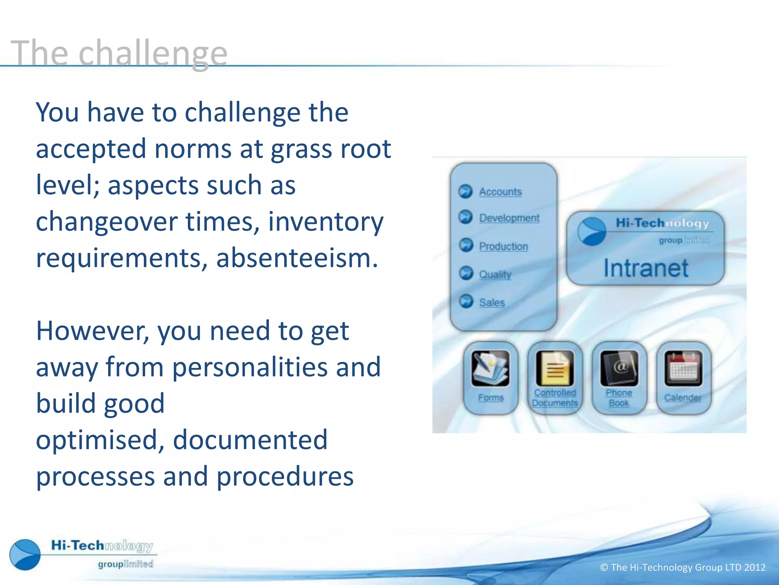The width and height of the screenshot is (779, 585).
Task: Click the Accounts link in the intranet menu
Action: (500, 192)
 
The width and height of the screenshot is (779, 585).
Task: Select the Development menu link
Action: (509, 218)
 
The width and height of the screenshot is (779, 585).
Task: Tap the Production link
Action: (503, 246)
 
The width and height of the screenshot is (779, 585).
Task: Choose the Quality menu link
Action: (495, 274)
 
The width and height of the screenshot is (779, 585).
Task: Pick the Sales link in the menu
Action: (492, 302)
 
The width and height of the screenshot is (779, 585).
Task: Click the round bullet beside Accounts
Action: (465, 191)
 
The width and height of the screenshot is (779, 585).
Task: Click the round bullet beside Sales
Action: (466, 301)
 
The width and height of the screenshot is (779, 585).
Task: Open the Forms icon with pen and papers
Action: (490, 368)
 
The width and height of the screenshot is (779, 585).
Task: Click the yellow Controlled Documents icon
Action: (555, 368)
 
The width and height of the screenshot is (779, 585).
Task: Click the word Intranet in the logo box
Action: (646, 268)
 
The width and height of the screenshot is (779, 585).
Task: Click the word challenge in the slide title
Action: (153, 54)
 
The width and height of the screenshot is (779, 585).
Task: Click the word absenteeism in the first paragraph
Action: (297, 258)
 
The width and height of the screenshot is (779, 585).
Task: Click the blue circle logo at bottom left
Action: (25, 555)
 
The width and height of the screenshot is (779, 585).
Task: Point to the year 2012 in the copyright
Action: (755, 567)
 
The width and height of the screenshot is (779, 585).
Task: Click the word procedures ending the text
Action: (285, 476)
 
